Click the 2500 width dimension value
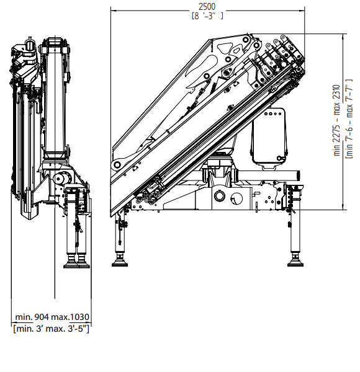tap(207, 7)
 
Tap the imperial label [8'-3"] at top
tap(207, 16)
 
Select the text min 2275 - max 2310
tap(337, 120)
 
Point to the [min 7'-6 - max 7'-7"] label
tap(349, 118)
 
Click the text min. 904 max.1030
tap(52, 317)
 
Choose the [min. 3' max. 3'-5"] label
tap(52, 329)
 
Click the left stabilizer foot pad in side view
tap(120, 263)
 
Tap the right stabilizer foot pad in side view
tap(295, 263)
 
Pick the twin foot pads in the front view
tap(76, 265)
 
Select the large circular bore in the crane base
tap(220, 196)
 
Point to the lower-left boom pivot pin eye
tap(117, 164)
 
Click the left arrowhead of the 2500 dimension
tap(113, 11)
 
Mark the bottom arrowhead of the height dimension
tap(343, 207)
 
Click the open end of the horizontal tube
tap(299, 176)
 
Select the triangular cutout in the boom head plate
tap(225, 48)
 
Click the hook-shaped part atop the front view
tap(29, 45)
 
